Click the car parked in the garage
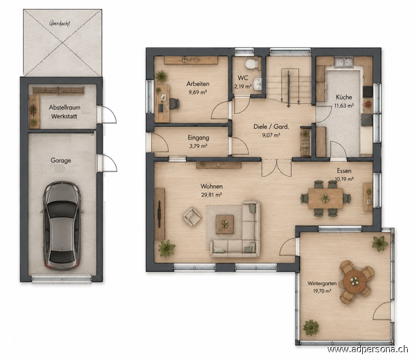(x=62, y=225)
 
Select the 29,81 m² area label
(x=211, y=195)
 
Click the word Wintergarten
(x=322, y=284)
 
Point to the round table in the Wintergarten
(x=355, y=281)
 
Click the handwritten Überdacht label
(x=60, y=23)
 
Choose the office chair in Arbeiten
(x=174, y=104)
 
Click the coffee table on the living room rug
(x=225, y=224)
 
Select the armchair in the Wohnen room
(x=191, y=217)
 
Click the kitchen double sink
(x=344, y=63)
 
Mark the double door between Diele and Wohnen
(x=277, y=168)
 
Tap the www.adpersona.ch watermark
(x=368, y=349)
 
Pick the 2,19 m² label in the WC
(x=243, y=86)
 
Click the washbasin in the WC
(x=257, y=84)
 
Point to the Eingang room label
(x=198, y=138)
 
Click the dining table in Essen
(x=326, y=199)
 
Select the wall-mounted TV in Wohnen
(x=159, y=214)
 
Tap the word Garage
(x=61, y=161)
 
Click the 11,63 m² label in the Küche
(x=344, y=106)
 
